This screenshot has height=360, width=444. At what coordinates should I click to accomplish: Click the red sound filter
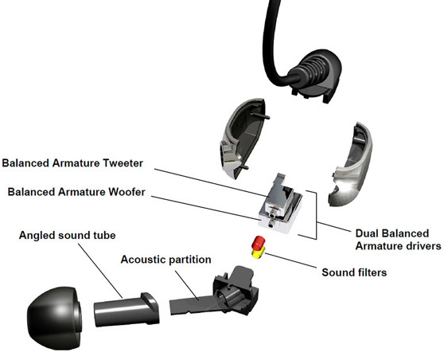259,243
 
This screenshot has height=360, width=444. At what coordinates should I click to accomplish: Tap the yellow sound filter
259,252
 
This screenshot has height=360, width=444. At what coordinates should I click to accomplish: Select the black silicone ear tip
54,318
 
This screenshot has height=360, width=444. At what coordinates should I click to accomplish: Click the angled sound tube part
126,310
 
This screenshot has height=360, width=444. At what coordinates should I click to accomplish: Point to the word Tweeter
123,163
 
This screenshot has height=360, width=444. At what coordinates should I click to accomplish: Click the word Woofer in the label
127,192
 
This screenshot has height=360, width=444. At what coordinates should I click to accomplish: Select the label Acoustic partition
166,260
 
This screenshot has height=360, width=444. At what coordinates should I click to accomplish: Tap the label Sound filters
354,272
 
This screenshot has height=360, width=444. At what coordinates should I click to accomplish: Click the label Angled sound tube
68,235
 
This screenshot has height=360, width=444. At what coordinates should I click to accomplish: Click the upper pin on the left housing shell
260,115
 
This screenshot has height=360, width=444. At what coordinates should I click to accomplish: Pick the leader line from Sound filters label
290,260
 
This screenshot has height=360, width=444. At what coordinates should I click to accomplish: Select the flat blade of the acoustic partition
193,306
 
